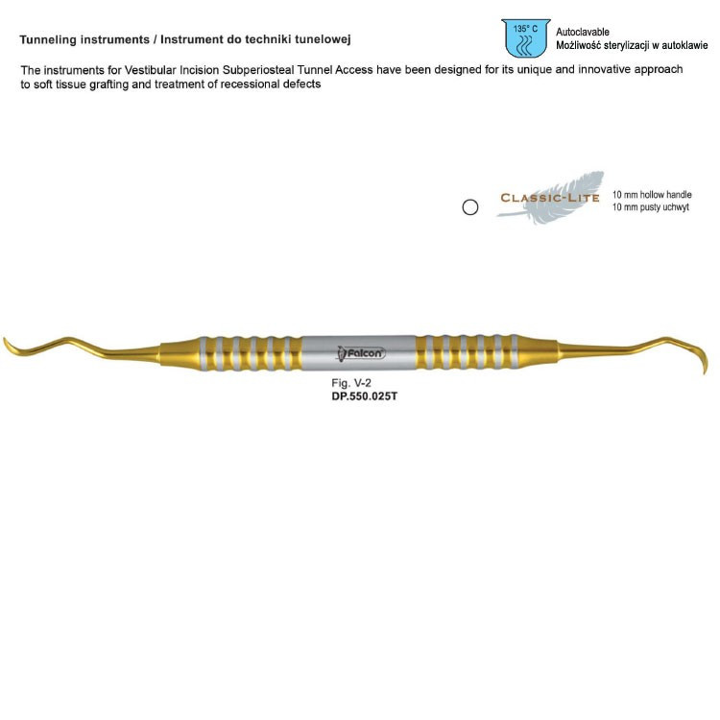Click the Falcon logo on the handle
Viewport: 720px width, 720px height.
click(361, 353)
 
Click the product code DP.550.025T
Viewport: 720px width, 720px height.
click(364, 396)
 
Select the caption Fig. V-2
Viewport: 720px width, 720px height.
click(350, 383)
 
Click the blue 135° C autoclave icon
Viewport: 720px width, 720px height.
click(525, 38)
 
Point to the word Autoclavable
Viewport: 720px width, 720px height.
click(583, 32)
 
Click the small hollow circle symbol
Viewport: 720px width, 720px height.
click(469, 207)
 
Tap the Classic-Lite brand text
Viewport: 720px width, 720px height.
click(549, 198)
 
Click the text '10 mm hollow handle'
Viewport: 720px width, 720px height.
click(652, 195)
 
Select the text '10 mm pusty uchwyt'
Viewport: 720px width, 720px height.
click(650, 207)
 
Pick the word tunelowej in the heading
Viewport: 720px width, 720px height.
click(327, 39)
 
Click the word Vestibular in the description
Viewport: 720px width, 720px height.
click(150, 70)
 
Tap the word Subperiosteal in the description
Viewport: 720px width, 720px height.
click(258, 70)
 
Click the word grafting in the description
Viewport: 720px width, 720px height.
click(108, 84)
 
